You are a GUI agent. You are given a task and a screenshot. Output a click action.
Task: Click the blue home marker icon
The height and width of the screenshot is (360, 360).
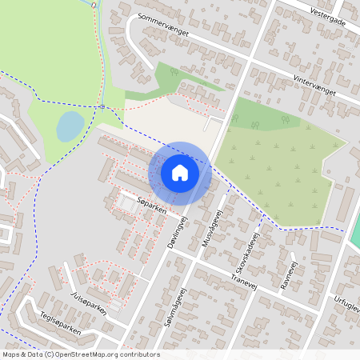point(180,173)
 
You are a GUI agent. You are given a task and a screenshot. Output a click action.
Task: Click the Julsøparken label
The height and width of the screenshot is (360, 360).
point(88,305)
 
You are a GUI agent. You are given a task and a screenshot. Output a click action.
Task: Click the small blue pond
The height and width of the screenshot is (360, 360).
point(70,126)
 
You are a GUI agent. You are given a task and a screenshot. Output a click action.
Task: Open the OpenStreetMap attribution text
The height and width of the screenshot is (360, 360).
point(81,354)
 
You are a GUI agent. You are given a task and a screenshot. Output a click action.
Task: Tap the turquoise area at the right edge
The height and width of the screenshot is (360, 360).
point(355,231)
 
